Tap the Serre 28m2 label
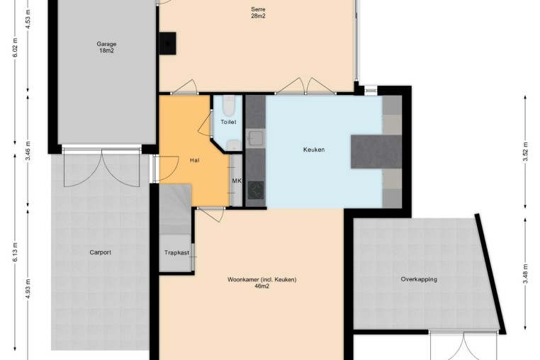click(258, 13)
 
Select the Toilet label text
click(228, 122)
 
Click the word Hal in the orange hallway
click(195, 160)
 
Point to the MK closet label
click(237, 181)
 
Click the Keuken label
click(314, 150)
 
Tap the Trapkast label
click(176, 253)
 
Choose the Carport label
click(100, 252)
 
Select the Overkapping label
click(419, 279)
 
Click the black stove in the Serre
click(168, 43)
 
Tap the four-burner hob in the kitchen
click(256, 191)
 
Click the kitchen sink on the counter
click(256, 138)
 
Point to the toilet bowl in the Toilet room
click(228, 105)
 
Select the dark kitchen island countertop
click(376, 152)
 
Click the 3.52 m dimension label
click(525, 152)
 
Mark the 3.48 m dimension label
click(525, 274)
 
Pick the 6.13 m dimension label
click(15, 252)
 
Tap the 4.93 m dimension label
click(28, 288)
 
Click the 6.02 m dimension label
click(15, 47)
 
